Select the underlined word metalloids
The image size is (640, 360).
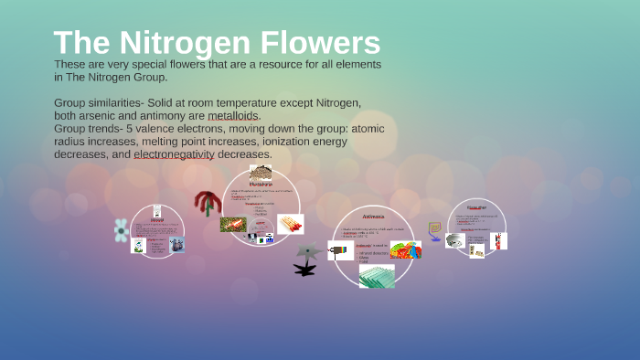233,116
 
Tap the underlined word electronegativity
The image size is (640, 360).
174,154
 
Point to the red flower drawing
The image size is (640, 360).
207,203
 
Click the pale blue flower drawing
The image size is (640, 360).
122,230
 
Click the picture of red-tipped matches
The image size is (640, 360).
291,224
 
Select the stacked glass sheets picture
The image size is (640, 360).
376,276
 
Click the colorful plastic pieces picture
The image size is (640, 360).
405,249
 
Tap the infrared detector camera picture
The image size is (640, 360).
340,250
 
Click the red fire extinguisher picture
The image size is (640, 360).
498,241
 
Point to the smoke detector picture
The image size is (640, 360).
454,240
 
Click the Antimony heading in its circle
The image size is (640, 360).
373,217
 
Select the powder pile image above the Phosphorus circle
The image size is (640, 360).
261,174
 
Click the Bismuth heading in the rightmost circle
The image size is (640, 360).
475,206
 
